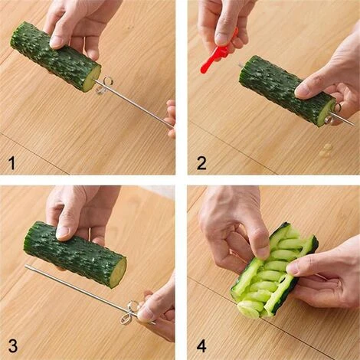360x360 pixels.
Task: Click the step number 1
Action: (x=12, y=162)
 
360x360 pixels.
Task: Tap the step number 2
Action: (x=201, y=162)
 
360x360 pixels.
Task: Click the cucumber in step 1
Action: (x=54, y=55)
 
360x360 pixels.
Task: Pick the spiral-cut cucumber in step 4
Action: (x=272, y=272)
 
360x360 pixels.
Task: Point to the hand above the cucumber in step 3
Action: (x=80, y=211)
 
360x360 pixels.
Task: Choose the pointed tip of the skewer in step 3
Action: (x=27, y=267)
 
